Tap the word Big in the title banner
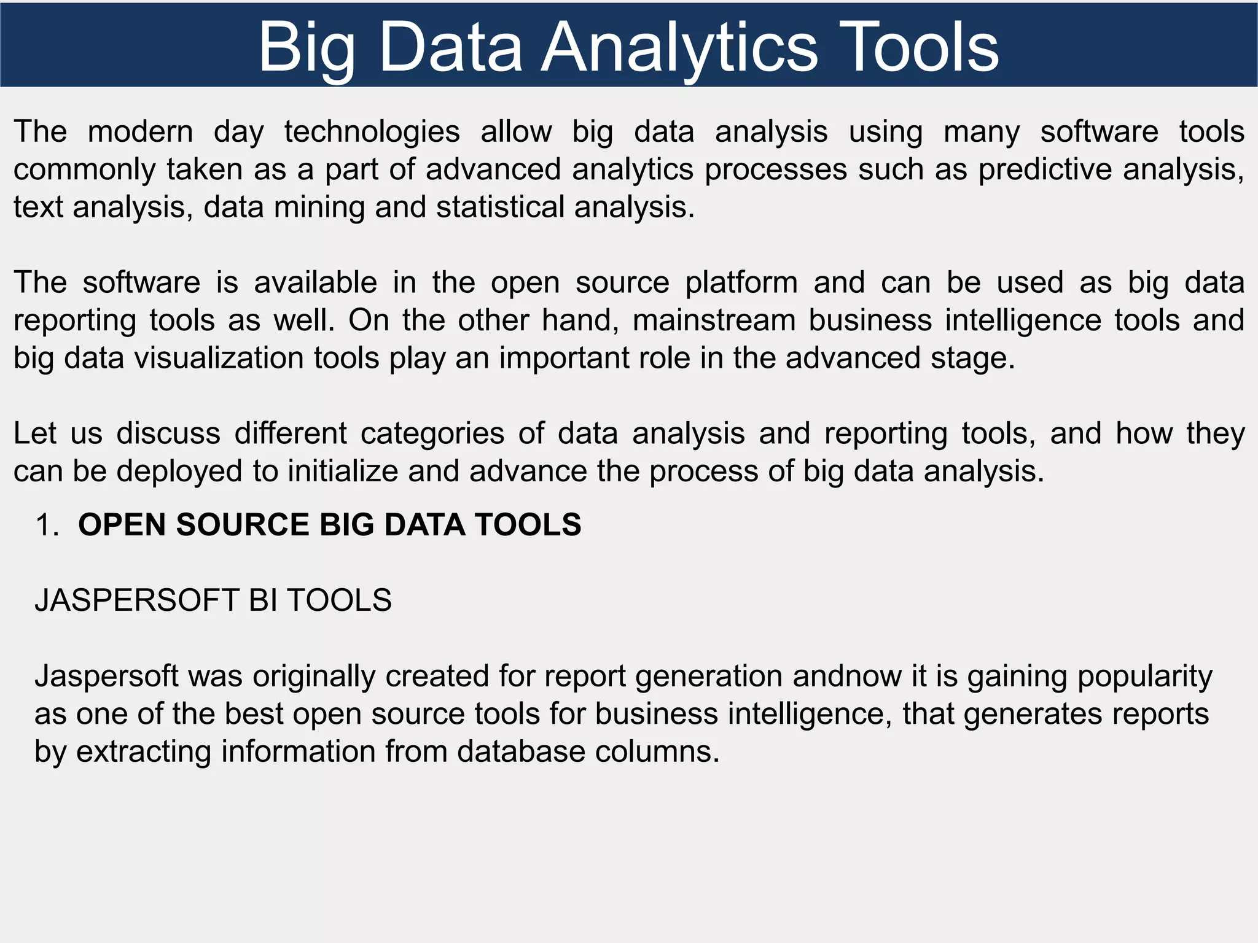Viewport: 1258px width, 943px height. click(307, 48)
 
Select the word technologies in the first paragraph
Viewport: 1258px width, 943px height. click(372, 132)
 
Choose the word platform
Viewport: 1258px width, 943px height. click(741, 283)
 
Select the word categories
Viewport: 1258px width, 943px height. click(432, 433)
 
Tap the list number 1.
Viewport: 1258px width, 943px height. click(47, 526)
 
